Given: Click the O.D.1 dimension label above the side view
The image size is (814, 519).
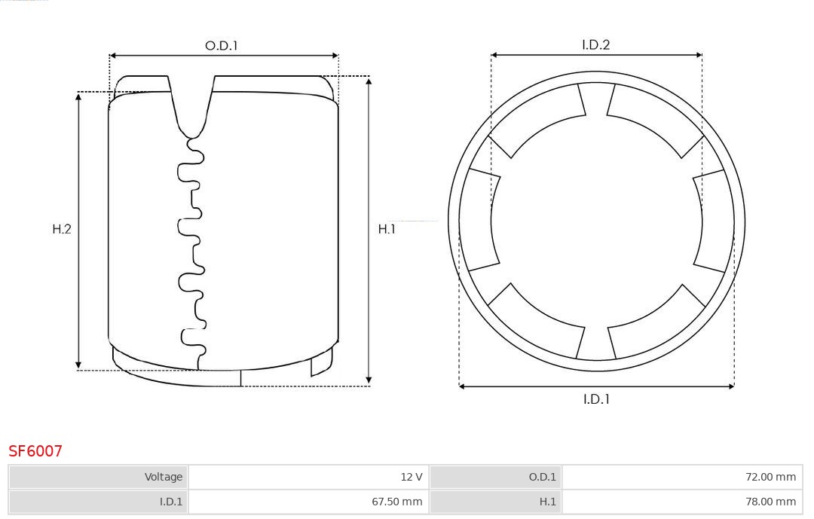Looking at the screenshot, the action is pyautogui.click(x=221, y=46).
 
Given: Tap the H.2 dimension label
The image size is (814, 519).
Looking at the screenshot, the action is pyautogui.click(x=62, y=229).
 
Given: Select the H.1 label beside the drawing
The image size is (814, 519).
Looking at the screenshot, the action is pyautogui.click(x=387, y=229).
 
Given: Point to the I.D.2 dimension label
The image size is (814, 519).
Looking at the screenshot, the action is pyautogui.click(x=595, y=44).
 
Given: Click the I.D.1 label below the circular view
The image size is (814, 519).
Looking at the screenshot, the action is pyautogui.click(x=596, y=399).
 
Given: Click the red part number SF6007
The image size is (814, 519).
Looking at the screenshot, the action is pyautogui.click(x=35, y=451).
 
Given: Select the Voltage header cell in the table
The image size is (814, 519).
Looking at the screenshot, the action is pyautogui.click(x=99, y=477).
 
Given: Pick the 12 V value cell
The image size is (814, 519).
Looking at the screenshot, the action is pyautogui.click(x=308, y=477).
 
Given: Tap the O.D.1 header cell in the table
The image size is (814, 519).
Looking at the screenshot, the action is pyautogui.click(x=496, y=477).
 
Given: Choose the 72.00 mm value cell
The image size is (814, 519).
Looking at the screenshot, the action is pyautogui.click(x=683, y=477).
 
